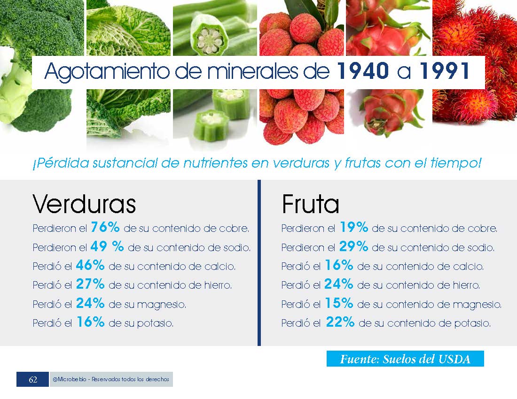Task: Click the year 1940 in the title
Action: (x=363, y=71)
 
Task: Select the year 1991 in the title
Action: (x=444, y=71)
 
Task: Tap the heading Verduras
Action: (x=84, y=204)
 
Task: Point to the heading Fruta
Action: (x=310, y=204)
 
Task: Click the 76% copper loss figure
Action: (x=105, y=227)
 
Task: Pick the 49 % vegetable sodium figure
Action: (x=107, y=246)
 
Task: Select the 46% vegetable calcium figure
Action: (x=90, y=265)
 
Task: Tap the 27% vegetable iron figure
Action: (x=90, y=284)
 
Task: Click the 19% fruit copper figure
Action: (x=354, y=227)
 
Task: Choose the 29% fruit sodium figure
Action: (x=353, y=246)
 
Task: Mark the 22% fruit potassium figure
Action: (x=340, y=322)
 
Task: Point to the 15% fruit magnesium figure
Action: (x=339, y=303)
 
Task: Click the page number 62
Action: (x=33, y=380)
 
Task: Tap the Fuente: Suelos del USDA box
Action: (x=405, y=359)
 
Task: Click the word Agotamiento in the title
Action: (x=107, y=72)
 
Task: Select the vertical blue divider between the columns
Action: (x=259, y=263)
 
